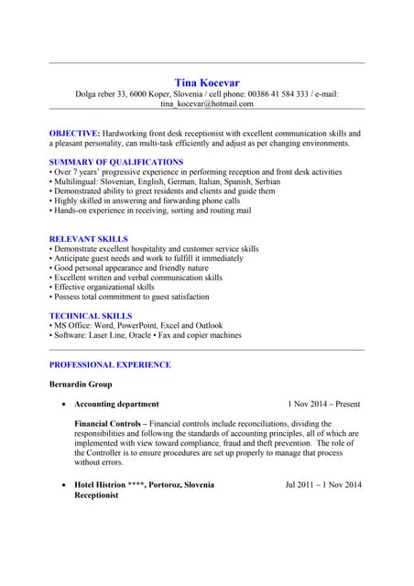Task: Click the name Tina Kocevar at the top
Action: click(x=207, y=82)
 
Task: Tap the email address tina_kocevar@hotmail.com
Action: click(x=207, y=104)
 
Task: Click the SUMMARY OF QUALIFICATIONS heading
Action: click(x=115, y=162)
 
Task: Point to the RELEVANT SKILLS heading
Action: click(x=88, y=239)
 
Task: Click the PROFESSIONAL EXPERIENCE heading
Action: click(x=109, y=364)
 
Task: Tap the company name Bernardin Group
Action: click(x=80, y=385)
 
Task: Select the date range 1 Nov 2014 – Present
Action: click(x=323, y=404)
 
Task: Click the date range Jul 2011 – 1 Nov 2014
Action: click(x=323, y=484)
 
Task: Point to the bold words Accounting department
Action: click(x=116, y=404)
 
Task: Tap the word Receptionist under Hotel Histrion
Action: click(x=96, y=495)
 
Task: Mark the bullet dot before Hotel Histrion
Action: click(x=62, y=485)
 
